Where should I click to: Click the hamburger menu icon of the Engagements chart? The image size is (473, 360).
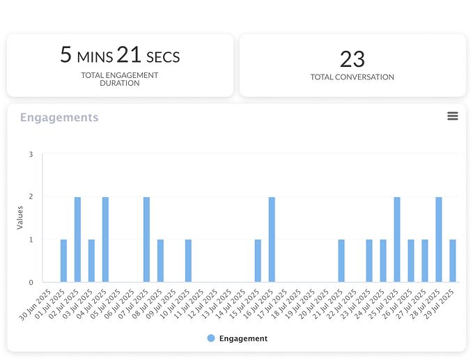453,116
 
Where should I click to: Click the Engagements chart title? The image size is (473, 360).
59,118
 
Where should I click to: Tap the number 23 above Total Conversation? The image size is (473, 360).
352,58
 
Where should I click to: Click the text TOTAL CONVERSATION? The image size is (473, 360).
352,77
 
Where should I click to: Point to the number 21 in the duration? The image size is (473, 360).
129,54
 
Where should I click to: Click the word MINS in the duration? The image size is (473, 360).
95,56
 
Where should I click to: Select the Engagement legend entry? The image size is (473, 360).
237,338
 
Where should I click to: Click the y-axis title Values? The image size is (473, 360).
20,217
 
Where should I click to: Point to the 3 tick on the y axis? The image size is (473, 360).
31,154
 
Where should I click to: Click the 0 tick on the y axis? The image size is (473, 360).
31,283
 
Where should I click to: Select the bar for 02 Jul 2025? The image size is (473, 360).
77,240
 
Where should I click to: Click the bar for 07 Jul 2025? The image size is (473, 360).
146,240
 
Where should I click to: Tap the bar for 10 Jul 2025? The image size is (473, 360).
188,261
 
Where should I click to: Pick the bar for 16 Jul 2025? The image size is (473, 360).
272,240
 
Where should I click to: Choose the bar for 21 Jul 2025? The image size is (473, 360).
341,261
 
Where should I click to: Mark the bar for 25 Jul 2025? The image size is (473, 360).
397,240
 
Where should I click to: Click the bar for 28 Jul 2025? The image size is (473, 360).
439,240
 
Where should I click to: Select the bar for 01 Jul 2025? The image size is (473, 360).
63,261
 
